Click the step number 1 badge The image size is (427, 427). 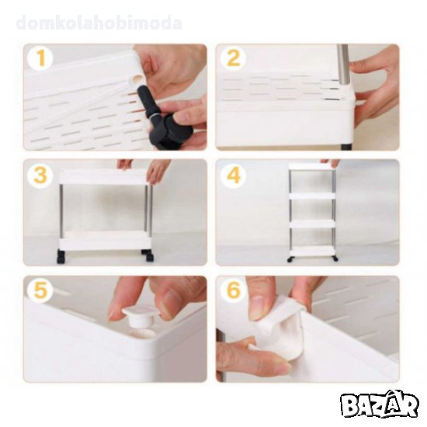coord(40,57)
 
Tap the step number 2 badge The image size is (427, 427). coord(233,57)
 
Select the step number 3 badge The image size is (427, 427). coord(40,175)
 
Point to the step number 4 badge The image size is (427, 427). coord(233,175)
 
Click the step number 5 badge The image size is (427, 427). coord(40,290)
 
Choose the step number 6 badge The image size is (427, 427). coord(233,290)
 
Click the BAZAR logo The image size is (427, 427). coord(379,405)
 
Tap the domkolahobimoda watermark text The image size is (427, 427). coord(99,23)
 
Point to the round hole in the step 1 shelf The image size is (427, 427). coord(136,79)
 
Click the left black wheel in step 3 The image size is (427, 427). coord(61,257)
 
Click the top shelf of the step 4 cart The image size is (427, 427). coord(312,166)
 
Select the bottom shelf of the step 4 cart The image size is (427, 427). coord(312,251)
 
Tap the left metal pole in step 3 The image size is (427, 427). coord(61,210)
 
